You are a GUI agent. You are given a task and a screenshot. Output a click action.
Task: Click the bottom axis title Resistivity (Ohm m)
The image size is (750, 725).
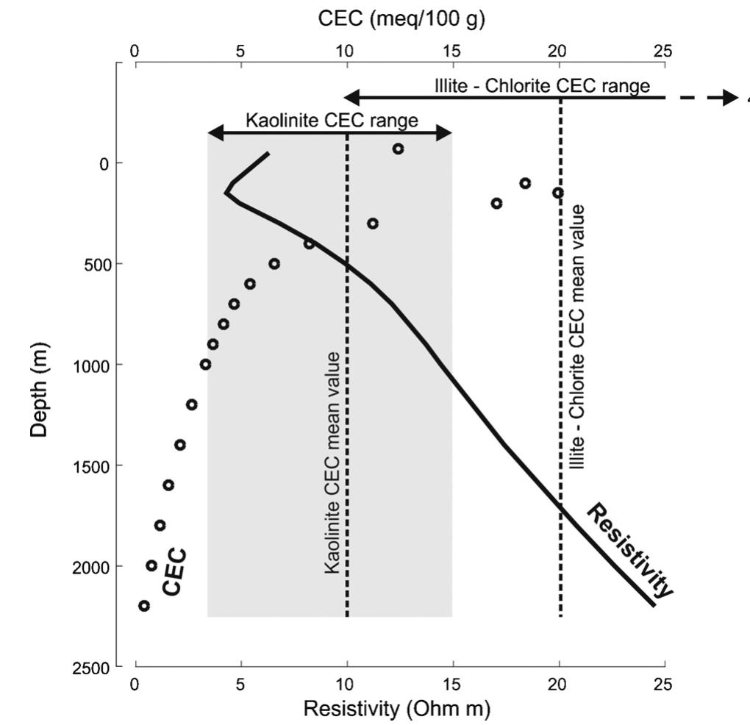[x=396, y=709]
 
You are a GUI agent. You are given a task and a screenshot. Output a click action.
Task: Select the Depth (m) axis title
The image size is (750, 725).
[x=40, y=389]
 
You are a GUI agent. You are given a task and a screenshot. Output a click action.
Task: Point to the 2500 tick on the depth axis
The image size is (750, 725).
[x=96, y=667]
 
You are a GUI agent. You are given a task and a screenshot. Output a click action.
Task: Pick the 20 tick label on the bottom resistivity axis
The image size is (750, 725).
[x=558, y=683]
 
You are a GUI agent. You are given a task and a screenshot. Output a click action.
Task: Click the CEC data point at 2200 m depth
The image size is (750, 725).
[x=144, y=606]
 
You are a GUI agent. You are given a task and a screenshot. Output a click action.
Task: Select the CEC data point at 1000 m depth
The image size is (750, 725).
[x=206, y=364]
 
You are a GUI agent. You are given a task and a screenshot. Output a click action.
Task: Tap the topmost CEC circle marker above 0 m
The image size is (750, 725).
[x=398, y=149]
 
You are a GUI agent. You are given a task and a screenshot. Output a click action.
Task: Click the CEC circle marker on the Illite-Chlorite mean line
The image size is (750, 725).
[x=558, y=193]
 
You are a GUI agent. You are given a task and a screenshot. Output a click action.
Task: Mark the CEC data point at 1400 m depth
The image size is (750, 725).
[x=180, y=444]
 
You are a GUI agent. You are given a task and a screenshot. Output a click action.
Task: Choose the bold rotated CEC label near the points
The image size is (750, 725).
[x=174, y=571]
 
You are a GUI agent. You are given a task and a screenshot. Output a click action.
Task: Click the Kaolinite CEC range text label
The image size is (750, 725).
[x=332, y=121]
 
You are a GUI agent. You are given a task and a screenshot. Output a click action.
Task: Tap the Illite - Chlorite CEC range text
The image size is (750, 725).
[x=542, y=86]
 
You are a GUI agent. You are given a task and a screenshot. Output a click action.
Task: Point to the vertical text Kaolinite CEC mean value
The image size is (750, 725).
[x=333, y=463]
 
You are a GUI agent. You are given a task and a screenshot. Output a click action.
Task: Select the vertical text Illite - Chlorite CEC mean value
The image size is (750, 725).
[x=579, y=337]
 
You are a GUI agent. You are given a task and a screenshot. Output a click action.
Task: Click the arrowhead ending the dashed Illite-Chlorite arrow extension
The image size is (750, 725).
[x=730, y=97]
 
